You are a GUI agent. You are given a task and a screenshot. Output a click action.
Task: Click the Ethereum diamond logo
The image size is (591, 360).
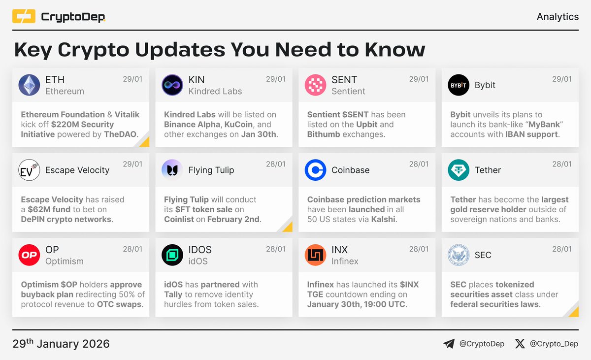point(29,85)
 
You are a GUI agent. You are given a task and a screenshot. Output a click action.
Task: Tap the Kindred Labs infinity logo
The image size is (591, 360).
point(172,85)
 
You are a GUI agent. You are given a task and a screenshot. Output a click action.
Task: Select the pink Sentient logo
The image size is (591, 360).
point(315,85)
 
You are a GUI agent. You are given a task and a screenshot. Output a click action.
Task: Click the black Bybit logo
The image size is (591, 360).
point(458,85)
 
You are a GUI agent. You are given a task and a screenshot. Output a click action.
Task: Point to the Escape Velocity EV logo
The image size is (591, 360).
point(29,170)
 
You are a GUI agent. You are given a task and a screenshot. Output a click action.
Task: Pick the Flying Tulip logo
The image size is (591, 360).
point(172,170)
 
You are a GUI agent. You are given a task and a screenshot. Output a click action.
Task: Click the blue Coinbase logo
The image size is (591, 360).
point(315,170)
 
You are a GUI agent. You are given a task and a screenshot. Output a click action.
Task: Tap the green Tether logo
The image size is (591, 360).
point(458,170)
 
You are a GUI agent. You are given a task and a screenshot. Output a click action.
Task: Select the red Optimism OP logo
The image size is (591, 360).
point(29,255)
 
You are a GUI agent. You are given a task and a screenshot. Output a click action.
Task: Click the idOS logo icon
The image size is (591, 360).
point(172,255)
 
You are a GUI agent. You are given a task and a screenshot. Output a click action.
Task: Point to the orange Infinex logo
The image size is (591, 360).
point(315,255)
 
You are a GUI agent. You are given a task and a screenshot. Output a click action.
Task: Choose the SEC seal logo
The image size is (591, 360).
point(458,255)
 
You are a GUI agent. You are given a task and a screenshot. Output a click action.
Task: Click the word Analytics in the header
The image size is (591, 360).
point(558,17)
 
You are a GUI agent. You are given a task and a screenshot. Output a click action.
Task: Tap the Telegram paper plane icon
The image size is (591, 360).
point(449,344)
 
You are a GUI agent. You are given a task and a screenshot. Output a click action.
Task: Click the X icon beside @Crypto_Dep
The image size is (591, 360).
point(520,344)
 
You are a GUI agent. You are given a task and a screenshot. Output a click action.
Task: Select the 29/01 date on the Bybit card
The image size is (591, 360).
point(562,79)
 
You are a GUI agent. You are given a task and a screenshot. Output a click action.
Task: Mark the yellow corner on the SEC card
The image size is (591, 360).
point(573,311)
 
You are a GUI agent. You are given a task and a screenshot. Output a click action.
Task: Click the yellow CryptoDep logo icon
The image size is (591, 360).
point(24,17)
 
